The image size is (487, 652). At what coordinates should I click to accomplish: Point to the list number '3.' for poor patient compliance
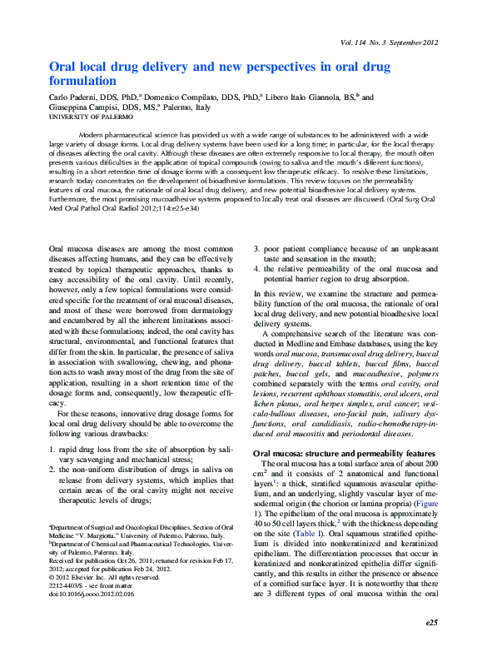click(256, 248)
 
